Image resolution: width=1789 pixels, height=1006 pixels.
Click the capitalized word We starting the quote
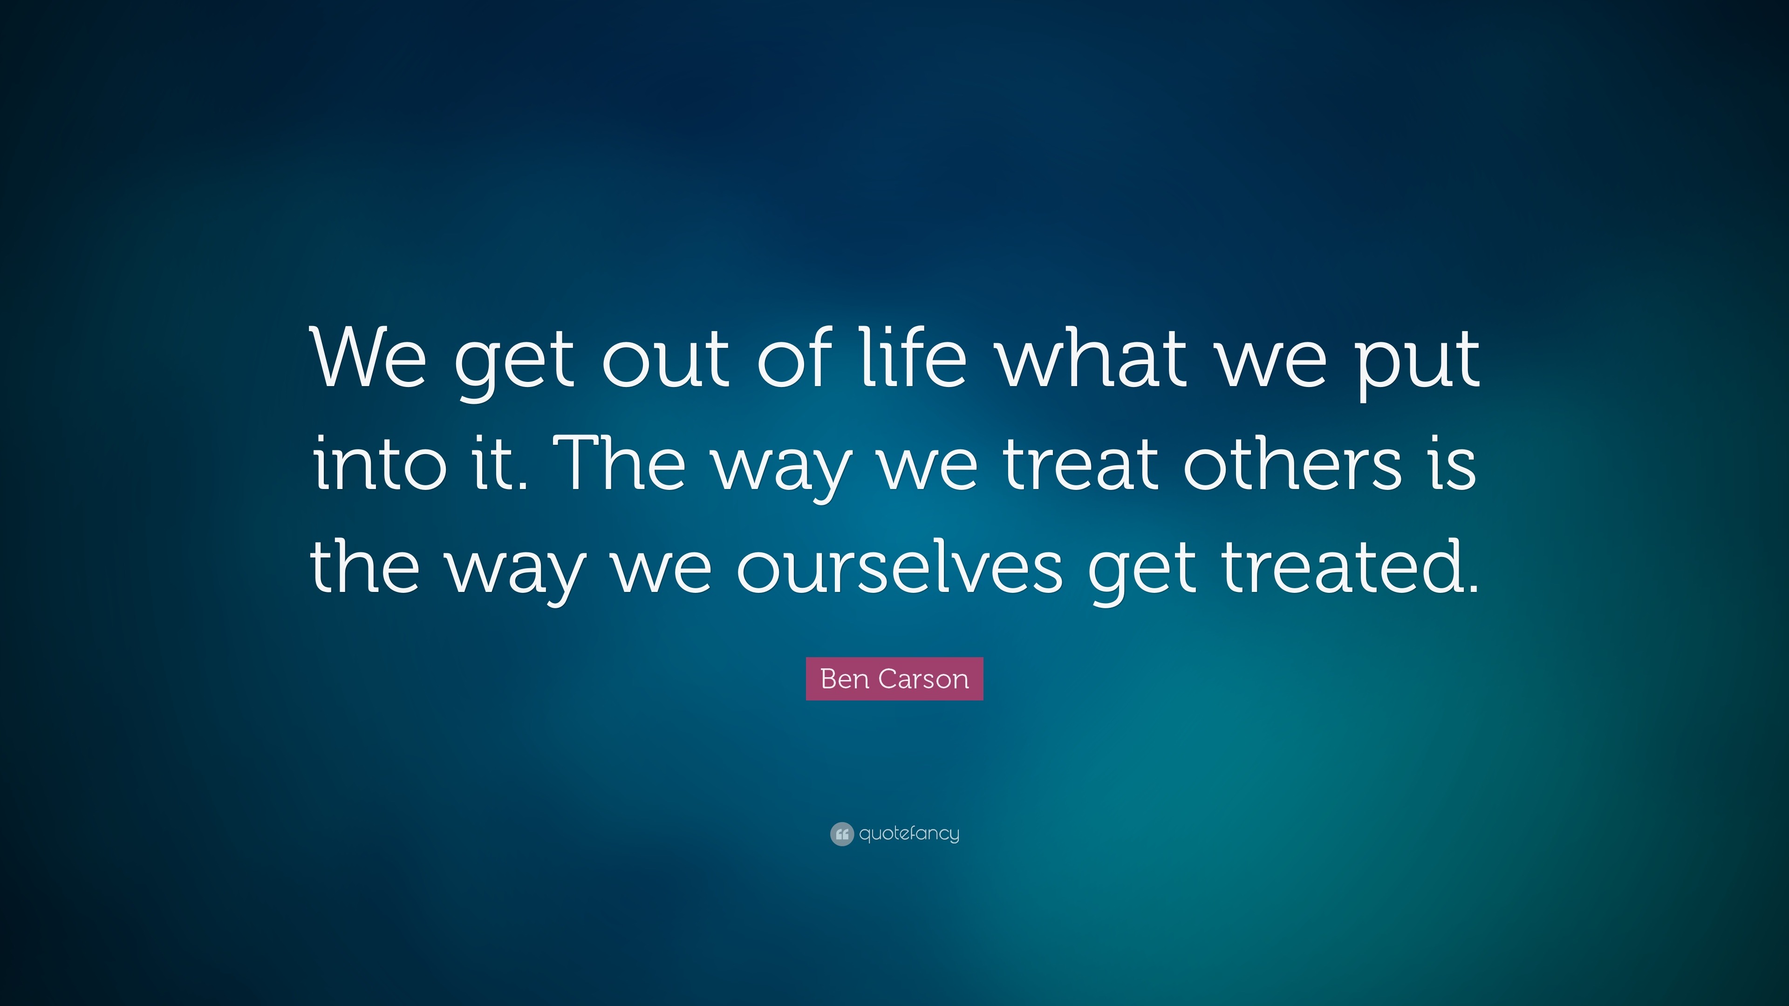tap(369, 359)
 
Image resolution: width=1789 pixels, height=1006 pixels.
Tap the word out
tap(665, 359)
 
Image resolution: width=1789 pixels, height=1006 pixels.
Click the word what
tap(1092, 359)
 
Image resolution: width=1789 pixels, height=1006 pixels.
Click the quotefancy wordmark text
tap(909, 834)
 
